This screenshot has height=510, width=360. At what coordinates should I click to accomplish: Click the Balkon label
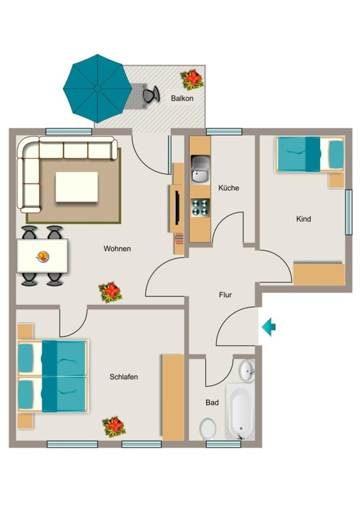point(182,98)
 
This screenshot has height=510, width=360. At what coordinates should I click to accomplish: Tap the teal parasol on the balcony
point(97,88)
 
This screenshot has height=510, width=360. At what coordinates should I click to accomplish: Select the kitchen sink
point(200,170)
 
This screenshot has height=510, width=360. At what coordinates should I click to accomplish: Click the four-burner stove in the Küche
point(200,208)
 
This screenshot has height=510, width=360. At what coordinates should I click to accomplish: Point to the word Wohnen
point(117,249)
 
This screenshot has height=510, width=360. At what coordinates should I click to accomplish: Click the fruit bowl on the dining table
point(42,256)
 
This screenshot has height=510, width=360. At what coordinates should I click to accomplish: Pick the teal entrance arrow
point(268,327)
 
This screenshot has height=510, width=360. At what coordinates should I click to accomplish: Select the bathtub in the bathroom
point(240,412)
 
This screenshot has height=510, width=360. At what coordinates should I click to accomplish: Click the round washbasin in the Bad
point(247,371)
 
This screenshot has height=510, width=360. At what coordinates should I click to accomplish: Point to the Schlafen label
point(123,377)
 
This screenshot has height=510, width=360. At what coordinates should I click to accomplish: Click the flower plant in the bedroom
point(114,427)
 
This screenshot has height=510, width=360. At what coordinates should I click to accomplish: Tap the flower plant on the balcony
point(192,79)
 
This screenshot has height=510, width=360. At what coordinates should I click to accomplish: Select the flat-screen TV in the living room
point(177,208)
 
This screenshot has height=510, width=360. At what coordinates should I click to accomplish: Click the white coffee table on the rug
point(77,187)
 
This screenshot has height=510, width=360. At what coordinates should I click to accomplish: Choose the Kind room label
point(303,219)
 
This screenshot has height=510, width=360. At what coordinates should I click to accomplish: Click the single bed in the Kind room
point(310,154)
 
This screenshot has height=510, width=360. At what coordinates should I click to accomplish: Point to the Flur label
point(226,295)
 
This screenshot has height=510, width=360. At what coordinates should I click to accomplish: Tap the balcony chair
point(151,94)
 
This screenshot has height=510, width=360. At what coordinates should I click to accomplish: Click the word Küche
point(229,188)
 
